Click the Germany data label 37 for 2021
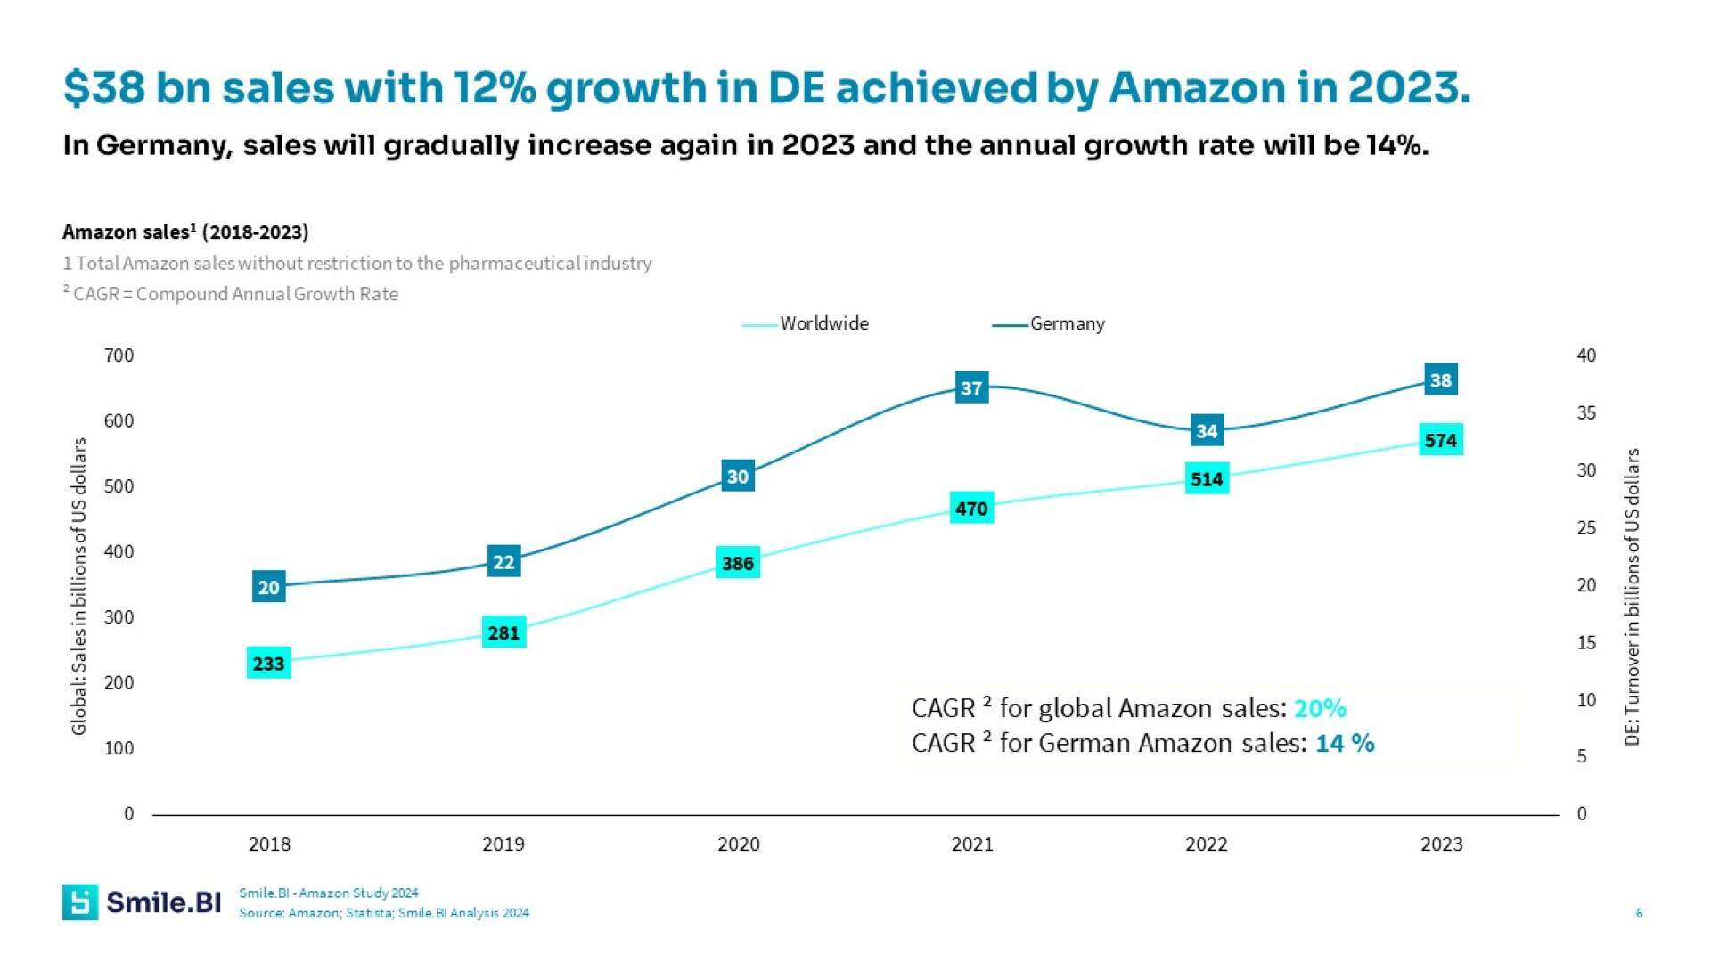[971, 387]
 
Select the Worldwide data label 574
[1440, 440]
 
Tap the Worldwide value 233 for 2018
[268, 664]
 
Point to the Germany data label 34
[1207, 431]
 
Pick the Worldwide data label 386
[737, 563]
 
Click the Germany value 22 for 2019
[503, 562]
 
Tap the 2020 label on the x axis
[738, 844]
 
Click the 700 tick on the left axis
[119, 355]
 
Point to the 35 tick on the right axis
[1586, 413]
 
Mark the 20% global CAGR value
[1320, 708]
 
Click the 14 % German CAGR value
[1345, 743]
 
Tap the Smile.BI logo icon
[80, 902]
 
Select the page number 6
[1639, 913]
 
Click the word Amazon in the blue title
[1194, 88]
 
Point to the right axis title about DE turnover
[1632, 597]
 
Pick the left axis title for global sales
[79, 586]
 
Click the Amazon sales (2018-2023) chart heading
[185, 232]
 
